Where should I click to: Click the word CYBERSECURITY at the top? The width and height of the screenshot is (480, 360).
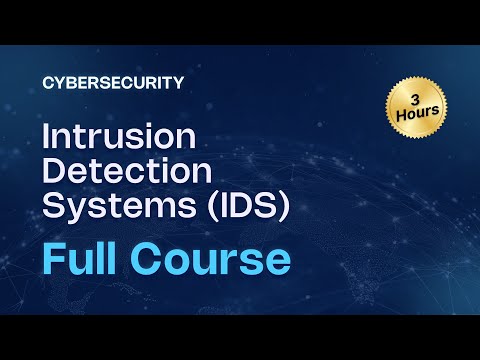click(114, 83)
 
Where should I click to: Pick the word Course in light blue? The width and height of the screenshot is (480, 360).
click(221, 257)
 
